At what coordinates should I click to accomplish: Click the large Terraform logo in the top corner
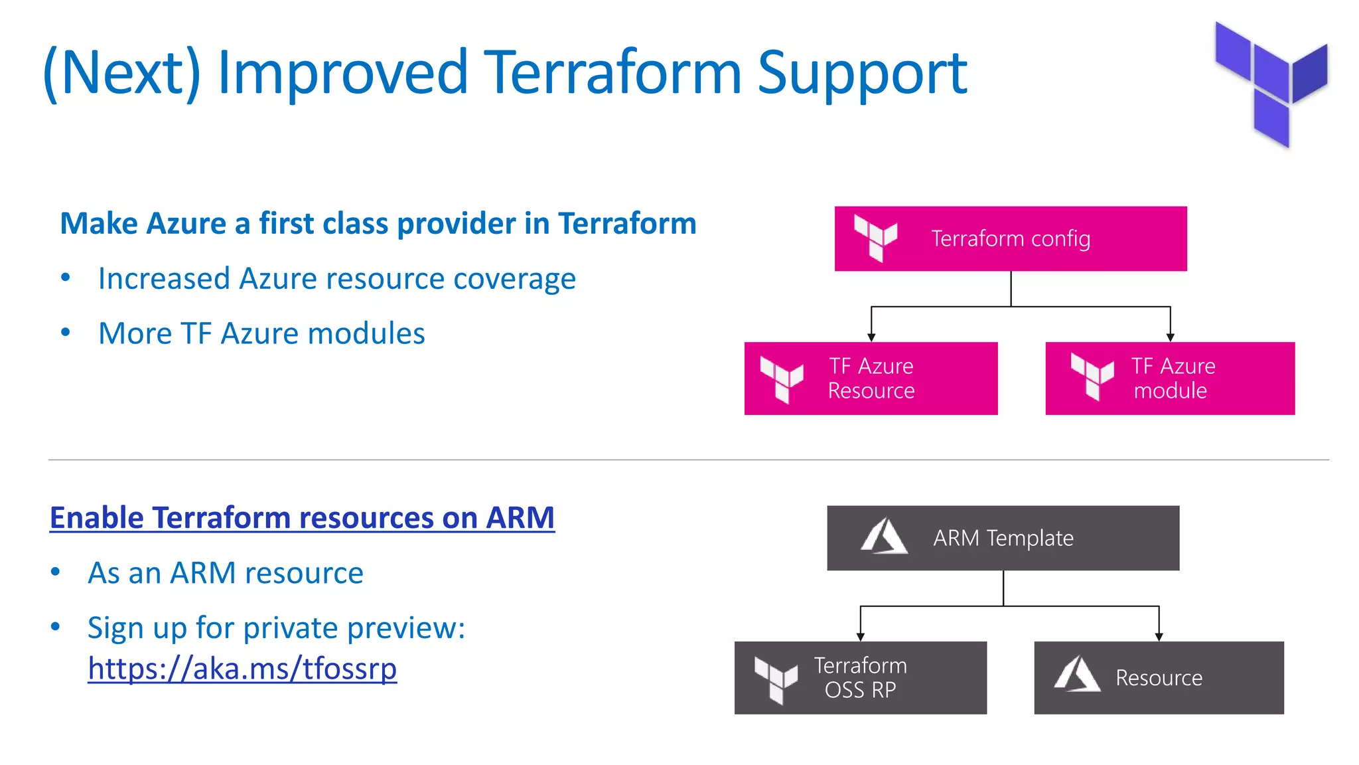tap(1271, 83)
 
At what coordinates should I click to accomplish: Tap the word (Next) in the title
tap(121, 73)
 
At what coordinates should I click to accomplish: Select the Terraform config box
tap(1010, 238)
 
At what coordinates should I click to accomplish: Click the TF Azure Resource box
tap(871, 379)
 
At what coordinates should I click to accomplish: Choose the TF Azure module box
tap(1170, 379)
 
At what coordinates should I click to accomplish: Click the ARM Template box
tap(1003, 538)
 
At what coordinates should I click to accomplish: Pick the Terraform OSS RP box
tap(860, 677)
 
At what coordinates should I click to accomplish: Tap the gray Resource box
tap(1159, 677)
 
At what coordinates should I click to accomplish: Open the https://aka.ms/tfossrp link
tap(242, 669)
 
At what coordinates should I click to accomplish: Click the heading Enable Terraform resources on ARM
tap(302, 518)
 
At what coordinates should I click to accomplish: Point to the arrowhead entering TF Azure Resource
tap(871, 337)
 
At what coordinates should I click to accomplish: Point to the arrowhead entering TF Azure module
tap(1171, 337)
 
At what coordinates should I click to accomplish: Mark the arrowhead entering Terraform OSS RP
tap(861, 637)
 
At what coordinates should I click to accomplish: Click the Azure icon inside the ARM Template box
tap(884, 537)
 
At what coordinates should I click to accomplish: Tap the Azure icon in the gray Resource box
tap(1077, 674)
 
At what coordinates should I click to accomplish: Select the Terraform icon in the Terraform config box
tap(875, 238)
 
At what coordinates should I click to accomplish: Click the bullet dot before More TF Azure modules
tap(65, 332)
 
